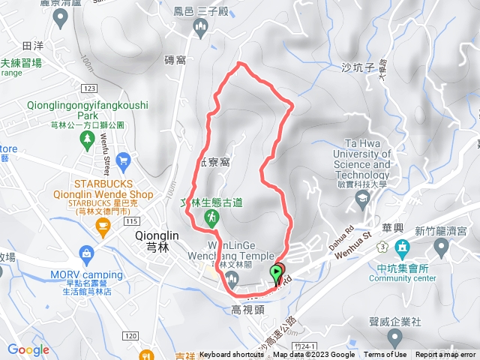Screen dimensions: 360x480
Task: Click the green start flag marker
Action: click(x=277, y=271)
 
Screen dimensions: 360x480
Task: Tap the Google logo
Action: click(x=28, y=349)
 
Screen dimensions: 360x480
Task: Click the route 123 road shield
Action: click(x=89, y=88)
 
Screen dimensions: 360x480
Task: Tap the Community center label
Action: click(x=413, y=278)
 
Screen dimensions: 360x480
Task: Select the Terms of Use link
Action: click(x=385, y=355)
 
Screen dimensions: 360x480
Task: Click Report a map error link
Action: click(x=446, y=355)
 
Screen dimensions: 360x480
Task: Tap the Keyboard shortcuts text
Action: click(x=232, y=355)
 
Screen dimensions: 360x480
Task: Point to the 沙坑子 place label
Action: click(x=357, y=67)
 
